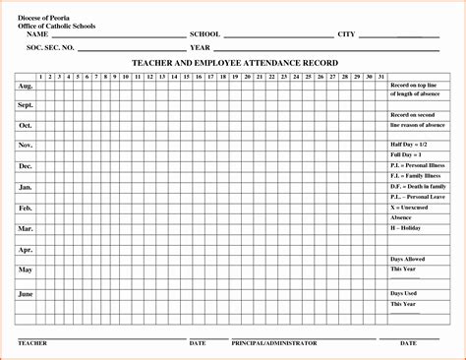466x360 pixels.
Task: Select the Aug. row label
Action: coord(26,86)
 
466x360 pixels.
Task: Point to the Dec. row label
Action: coord(26,166)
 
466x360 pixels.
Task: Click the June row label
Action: coord(26,294)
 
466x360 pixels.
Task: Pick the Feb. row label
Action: coord(26,208)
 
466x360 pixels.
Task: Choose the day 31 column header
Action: coord(381,76)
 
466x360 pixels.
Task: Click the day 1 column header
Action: coord(40,76)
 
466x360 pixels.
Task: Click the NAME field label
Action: coord(38,34)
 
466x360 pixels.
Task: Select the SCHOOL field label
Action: coord(204,34)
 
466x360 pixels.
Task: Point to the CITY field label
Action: coord(346,34)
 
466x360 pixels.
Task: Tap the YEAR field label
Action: coord(201,47)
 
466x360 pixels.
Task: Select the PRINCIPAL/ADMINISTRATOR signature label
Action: coord(274,343)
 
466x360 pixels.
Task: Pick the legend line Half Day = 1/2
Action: coord(410,145)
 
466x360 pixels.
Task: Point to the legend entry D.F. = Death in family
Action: coord(418,186)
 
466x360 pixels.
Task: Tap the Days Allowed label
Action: coord(408,259)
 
